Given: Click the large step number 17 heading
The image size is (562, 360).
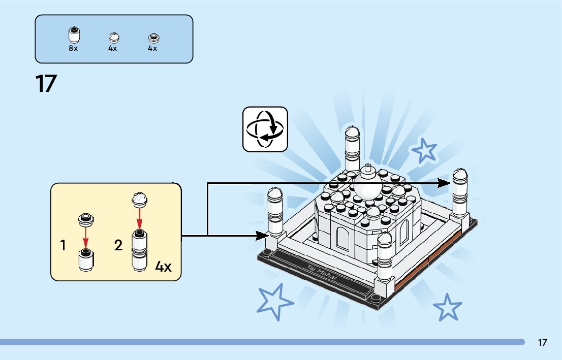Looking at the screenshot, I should click(x=45, y=84).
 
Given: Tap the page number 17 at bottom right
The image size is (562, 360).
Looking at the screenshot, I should click(x=542, y=342).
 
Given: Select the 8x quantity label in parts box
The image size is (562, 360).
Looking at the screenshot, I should click(x=73, y=49).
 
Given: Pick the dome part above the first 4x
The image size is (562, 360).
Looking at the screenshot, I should click(x=113, y=37).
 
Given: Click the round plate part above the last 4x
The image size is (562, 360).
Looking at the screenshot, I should click(x=152, y=37).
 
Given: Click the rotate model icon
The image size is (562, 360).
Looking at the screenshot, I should click(x=265, y=129).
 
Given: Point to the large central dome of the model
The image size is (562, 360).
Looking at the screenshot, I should click(x=367, y=186).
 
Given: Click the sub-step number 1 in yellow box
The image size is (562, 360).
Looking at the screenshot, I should click(x=63, y=246).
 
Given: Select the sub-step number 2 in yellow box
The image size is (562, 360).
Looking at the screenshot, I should click(x=118, y=246).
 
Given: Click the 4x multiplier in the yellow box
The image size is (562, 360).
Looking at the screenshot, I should click(x=163, y=267).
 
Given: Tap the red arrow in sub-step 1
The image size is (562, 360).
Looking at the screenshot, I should click(x=85, y=237).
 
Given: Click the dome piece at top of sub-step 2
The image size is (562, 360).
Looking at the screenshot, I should click(x=140, y=199).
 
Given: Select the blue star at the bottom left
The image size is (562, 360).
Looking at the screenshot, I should click(x=274, y=301).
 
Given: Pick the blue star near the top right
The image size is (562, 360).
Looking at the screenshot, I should click(x=424, y=151).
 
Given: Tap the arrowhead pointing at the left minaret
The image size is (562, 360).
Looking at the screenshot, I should click(x=263, y=235).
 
